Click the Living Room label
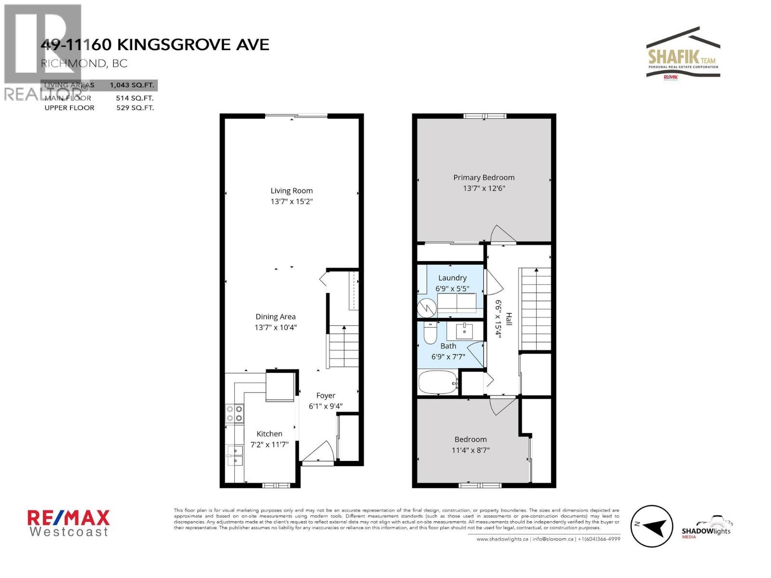click(292, 191)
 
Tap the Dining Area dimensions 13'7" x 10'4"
click(276, 328)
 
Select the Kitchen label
click(269, 433)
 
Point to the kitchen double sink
click(235, 455)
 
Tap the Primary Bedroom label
click(484, 177)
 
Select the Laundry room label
click(452, 278)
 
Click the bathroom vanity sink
click(464, 331)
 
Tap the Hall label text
click(509, 319)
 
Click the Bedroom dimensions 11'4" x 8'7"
click(470, 450)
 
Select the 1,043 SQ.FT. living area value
click(132, 85)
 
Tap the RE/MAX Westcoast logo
click(68, 523)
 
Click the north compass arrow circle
click(651, 526)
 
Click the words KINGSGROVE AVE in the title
click(193, 45)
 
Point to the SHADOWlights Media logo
click(706, 528)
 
